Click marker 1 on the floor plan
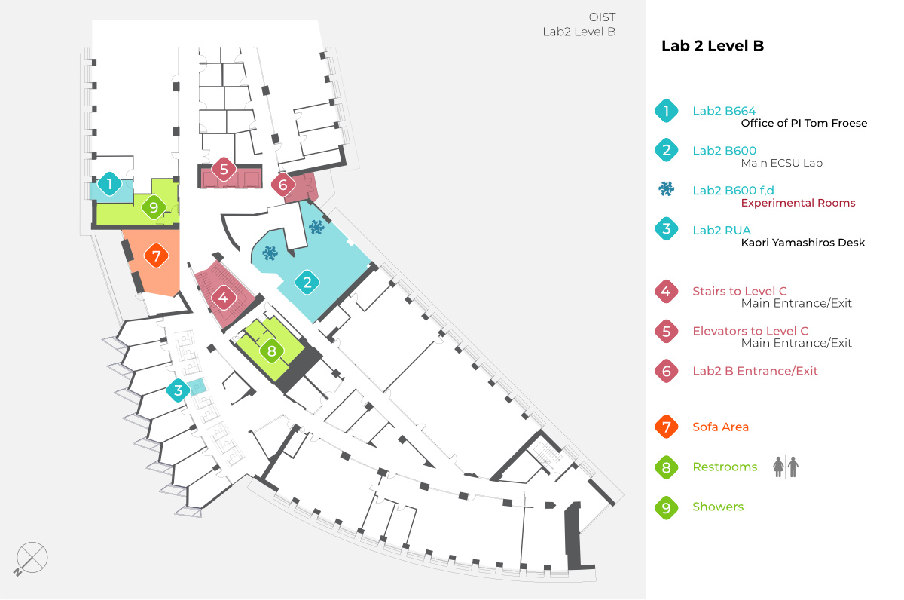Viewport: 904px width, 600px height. click(x=110, y=183)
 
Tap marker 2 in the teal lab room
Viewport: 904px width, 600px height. click(x=307, y=283)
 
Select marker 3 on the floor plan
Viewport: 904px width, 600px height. click(x=178, y=390)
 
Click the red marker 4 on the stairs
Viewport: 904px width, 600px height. click(x=223, y=297)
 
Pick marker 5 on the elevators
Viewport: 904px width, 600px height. click(x=224, y=170)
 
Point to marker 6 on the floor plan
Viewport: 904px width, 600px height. click(x=283, y=184)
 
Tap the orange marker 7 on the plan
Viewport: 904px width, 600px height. click(x=156, y=256)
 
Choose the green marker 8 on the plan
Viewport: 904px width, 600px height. click(x=272, y=351)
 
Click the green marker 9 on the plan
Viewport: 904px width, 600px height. click(x=154, y=207)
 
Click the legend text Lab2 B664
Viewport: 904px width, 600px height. click(x=724, y=112)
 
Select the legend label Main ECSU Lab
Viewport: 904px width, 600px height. click(x=781, y=163)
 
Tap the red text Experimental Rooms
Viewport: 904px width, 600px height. click(x=798, y=203)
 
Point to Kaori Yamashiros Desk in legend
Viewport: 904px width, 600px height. click(x=802, y=243)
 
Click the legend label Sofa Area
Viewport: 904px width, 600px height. click(x=720, y=427)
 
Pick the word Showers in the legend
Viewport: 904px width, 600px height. click(x=717, y=507)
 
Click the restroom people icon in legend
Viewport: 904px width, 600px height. click(x=786, y=467)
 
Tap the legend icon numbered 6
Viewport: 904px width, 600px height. click(x=667, y=371)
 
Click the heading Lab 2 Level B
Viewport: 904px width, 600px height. click(x=712, y=46)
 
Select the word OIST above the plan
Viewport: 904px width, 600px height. click(x=603, y=17)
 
